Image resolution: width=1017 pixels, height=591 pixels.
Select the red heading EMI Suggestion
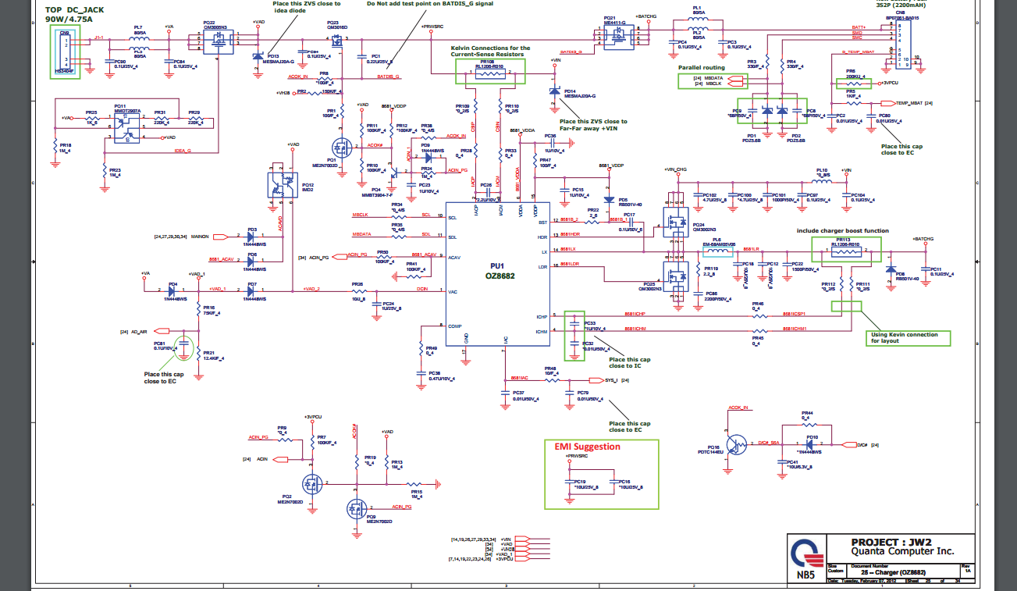tap(588, 447)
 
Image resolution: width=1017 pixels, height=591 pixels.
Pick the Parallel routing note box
tap(702, 68)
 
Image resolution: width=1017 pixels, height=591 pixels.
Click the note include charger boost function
tap(842, 231)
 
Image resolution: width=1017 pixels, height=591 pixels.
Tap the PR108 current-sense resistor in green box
tap(490, 71)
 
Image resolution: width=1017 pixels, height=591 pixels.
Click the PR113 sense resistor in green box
tap(846, 248)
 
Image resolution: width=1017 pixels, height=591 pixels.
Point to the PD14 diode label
tap(569, 91)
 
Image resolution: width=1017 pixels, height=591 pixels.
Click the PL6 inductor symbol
tap(717, 251)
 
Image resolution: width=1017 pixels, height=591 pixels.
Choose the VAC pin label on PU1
tap(453, 291)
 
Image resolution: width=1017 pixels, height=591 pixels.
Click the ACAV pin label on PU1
tap(454, 256)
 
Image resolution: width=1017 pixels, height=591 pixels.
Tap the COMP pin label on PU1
tap(455, 326)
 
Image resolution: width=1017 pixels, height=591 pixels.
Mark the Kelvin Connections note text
tap(490, 52)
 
